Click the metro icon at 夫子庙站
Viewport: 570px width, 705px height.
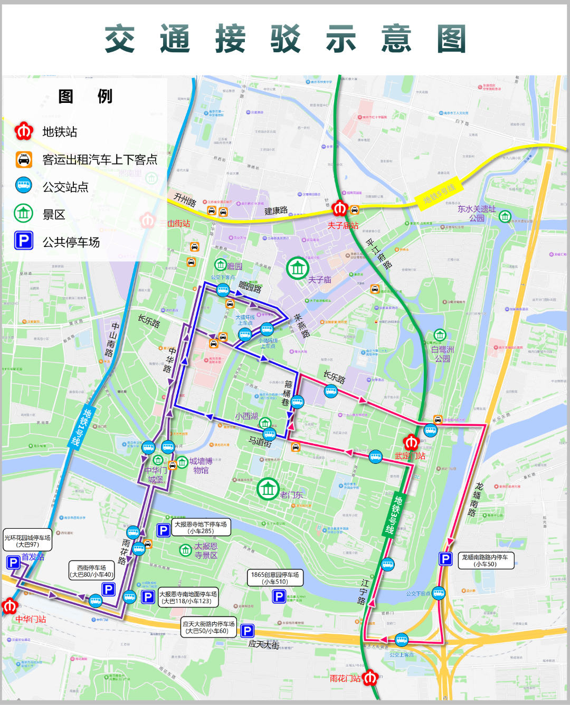340,209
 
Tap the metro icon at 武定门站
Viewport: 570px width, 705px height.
412,442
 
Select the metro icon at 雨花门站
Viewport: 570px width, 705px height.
370,677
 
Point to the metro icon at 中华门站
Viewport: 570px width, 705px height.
9,606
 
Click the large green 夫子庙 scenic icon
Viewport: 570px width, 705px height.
298,269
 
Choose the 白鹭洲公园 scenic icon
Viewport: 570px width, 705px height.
440,335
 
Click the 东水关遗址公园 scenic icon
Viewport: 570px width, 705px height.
505,216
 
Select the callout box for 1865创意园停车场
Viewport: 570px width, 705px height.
275,578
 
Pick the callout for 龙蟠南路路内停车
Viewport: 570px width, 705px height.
485,560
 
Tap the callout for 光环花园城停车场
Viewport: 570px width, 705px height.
27,541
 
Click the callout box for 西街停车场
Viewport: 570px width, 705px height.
92,571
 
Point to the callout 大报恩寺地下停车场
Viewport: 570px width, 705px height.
201,528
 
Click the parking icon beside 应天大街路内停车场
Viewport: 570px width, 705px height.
247,631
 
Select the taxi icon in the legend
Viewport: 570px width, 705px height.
24,159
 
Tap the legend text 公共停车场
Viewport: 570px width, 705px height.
71,242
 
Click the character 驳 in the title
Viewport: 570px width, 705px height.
286,39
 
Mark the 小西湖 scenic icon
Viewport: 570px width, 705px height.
265,423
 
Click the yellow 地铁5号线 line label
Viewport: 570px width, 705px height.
439,194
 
